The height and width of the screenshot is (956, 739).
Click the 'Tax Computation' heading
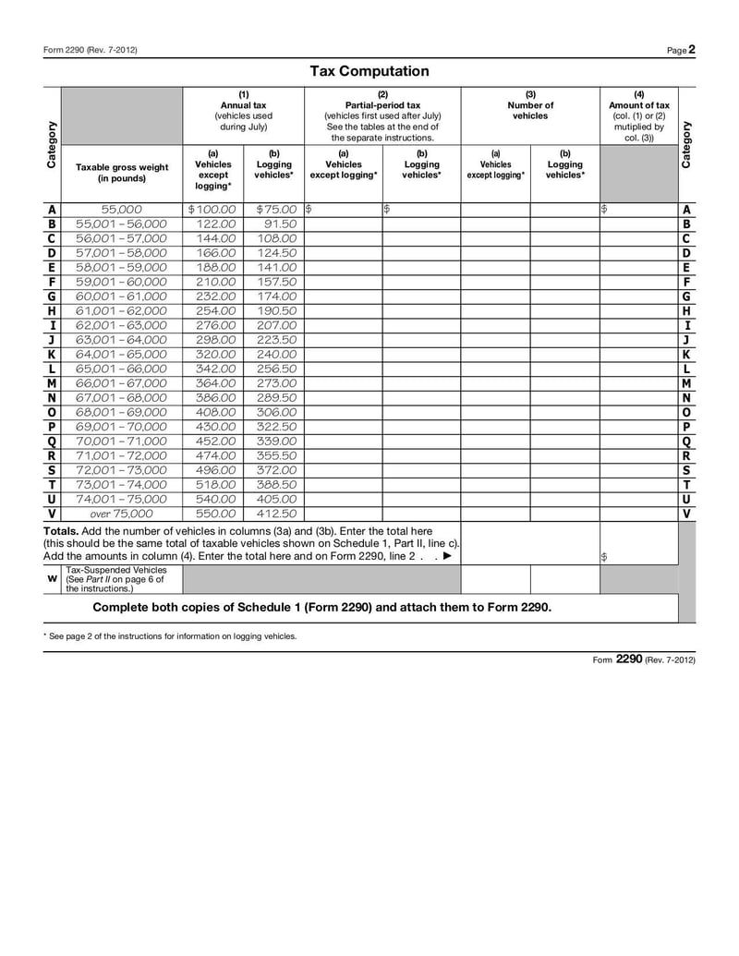[369, 71]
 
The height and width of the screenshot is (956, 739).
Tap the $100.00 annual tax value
[212, 210]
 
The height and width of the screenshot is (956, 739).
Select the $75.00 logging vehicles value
[276, 210]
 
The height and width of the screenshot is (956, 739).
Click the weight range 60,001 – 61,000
[121, 296]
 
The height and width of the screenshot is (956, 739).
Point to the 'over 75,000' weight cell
[121, 514]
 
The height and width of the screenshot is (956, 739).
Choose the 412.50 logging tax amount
[276, 514]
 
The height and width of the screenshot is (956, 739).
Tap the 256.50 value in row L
[276, 369]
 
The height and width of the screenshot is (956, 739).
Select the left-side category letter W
[52, 579]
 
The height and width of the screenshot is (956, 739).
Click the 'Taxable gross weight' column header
[122, 173]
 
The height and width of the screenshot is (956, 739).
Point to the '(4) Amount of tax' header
[638, 115]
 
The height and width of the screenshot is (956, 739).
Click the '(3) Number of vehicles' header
[529, 105]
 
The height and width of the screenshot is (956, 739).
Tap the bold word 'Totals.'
[61, 532]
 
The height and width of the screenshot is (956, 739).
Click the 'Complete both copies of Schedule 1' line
[322, 608]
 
